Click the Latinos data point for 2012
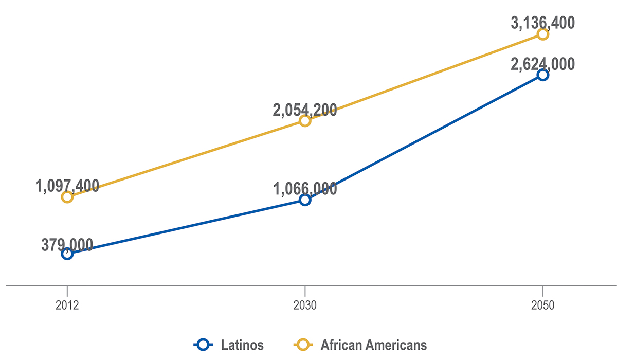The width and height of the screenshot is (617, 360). (67, 254)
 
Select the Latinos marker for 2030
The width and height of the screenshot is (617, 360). (305, 200)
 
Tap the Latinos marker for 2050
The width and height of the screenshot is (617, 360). (542, 75)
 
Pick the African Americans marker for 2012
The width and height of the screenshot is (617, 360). (67, 197)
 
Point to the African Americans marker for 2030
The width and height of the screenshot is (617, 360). (305, 121)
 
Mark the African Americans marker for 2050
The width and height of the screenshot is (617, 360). (542, 34)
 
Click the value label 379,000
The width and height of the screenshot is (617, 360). (67, 245)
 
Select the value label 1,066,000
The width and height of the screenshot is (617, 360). (305, 189)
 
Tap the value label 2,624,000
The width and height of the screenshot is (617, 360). (542, 64)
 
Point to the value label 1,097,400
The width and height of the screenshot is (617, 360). (67, 186)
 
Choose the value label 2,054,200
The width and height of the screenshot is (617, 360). (305, 110)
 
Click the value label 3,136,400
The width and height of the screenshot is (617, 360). (542, 23)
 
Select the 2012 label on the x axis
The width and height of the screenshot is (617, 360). (67, 305)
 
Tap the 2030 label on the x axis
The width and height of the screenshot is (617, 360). (305, 305)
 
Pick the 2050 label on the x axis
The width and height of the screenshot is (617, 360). (542, 305)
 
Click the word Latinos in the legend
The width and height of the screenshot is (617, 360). (242, 344)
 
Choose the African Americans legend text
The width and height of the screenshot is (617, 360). (374, 344)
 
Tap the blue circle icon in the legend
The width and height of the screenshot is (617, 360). (203, 344)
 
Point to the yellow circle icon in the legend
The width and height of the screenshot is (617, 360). (303, 344)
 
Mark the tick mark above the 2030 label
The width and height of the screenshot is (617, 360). (305, 289)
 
